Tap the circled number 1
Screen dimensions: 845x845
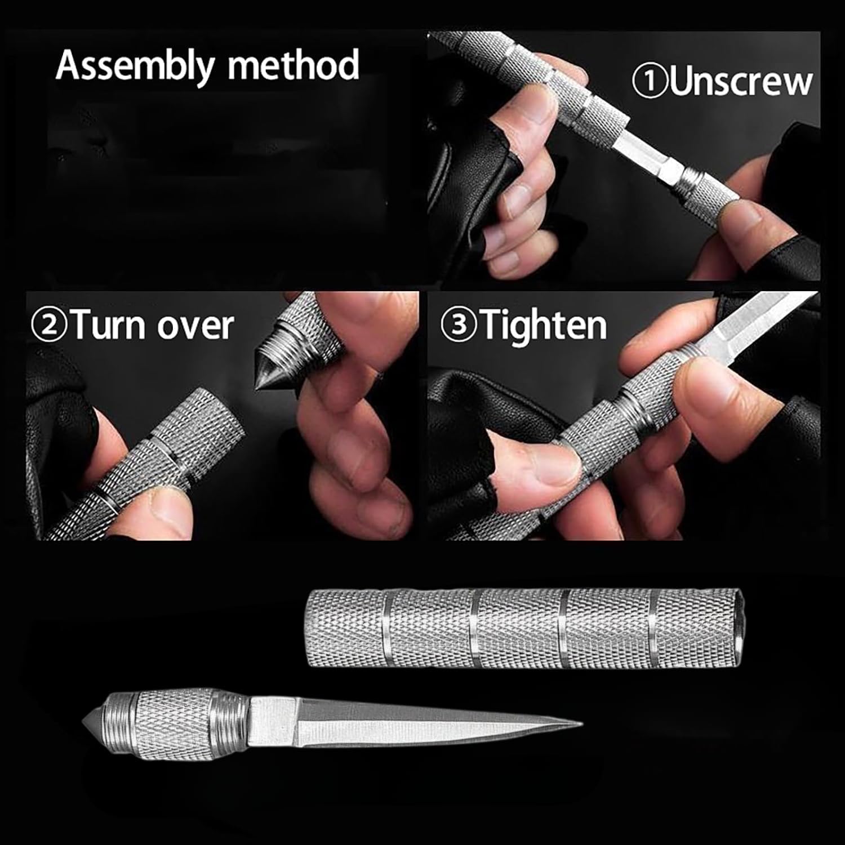tap(650, 81)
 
